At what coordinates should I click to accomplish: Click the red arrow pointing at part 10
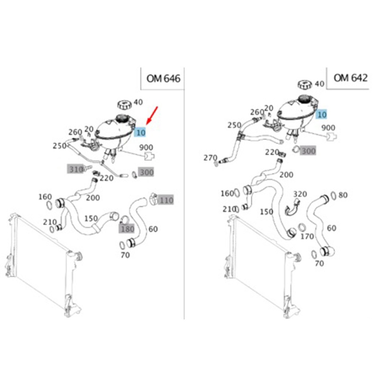click(152, 116)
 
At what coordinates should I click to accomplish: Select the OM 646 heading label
click(163, 79)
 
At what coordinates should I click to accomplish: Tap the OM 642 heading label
click(350, 78)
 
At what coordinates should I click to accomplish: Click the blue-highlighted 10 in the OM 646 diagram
click(140, 132)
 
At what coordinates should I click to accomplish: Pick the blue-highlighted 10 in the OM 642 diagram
click(322, 115)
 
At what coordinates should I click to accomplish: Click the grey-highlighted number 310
click(76, 169)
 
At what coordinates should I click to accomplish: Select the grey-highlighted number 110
click(166, 200)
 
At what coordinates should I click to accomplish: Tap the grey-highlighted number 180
click(127, 229)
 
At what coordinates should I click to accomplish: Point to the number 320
click(300, 194)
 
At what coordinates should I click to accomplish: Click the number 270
click(210, 158)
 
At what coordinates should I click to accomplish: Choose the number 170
click(307, 236)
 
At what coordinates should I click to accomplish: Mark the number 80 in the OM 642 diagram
click(343, 195)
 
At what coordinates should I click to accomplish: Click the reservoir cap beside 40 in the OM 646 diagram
click(124, 105)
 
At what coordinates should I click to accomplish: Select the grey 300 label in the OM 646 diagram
click(146, 172)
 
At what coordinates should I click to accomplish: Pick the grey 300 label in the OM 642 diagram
click(308, 151)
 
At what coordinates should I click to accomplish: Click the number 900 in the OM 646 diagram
click(146, 148)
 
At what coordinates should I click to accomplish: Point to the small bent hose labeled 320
click(292, 208)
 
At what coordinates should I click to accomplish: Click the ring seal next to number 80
click(333, 196)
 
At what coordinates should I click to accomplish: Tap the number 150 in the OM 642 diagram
click(266, 212)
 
